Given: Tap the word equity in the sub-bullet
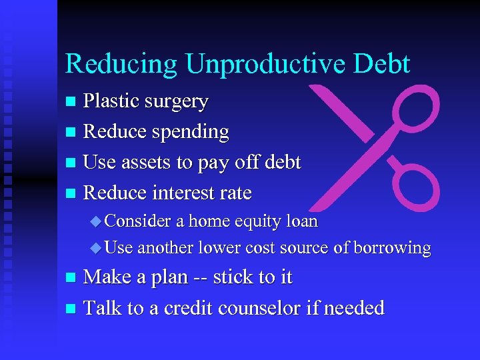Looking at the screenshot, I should [x=237, y=221].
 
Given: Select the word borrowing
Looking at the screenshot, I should [x=392, y=248].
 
